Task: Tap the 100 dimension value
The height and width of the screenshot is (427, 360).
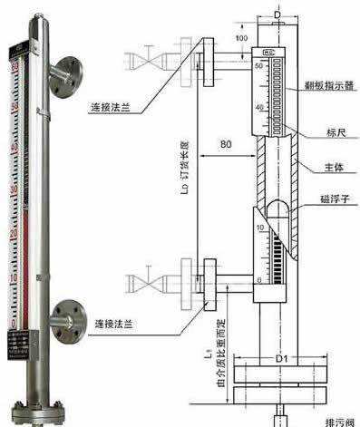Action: click(x=241, y=39)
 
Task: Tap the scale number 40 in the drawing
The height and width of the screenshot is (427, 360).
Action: click(x=259, y=107)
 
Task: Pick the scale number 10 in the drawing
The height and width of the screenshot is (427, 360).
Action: click(x=260, y=227)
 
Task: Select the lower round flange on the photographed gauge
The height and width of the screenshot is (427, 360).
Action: click(x=65, y=316)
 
